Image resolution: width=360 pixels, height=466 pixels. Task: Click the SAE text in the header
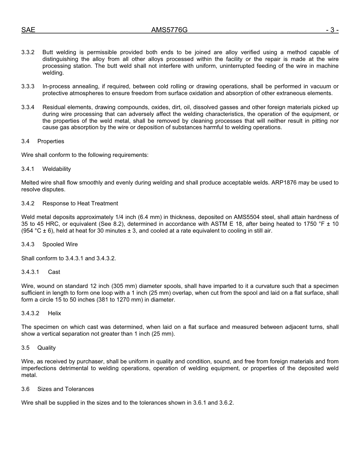tap(28, 30)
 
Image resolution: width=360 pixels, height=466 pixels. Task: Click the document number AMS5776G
tap(169, 30)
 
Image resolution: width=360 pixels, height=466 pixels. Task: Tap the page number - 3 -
tap(332, 30)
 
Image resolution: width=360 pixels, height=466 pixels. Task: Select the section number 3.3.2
tap(28, 52)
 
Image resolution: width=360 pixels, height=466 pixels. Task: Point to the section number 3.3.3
tap(28, 86)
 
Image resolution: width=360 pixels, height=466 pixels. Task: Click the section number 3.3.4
tap(28, 107)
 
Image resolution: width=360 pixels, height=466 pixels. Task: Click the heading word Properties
tap(51, 141)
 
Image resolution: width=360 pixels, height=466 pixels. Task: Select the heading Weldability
tap(56, 169)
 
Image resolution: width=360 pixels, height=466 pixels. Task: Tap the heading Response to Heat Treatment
tap(80, 203)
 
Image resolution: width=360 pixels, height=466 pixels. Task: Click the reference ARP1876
tap(284, 183)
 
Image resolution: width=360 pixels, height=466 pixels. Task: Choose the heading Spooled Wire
tap(60, 244)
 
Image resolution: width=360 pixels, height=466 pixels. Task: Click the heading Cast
tap(54, 272)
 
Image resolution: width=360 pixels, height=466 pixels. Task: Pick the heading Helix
tap(54, 313)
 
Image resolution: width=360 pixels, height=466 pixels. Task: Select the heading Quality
tap(46, 348)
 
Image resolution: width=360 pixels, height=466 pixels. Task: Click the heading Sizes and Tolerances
tap(66, 389)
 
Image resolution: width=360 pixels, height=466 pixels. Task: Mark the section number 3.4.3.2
tap(30, 313)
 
